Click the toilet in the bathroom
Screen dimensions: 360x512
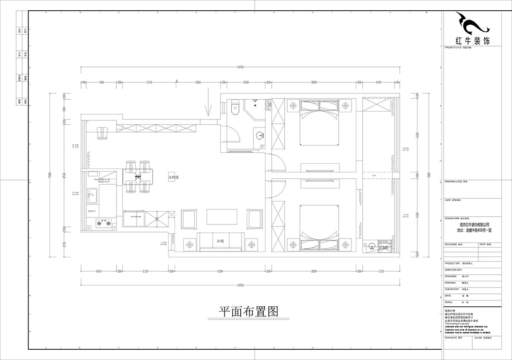click(x=233, y=109)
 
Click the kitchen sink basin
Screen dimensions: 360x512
click(x=92, y=197)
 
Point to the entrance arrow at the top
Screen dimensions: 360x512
click(x=208, y=102)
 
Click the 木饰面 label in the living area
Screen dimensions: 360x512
click(x=174, y=176)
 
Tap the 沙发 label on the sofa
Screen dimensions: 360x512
click(x=220, y=241)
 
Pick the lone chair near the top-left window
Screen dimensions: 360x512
click(x=103, y=133)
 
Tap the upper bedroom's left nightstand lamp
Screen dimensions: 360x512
click(x=293, y=105)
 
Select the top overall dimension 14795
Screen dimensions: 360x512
click(x=240, y=67)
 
